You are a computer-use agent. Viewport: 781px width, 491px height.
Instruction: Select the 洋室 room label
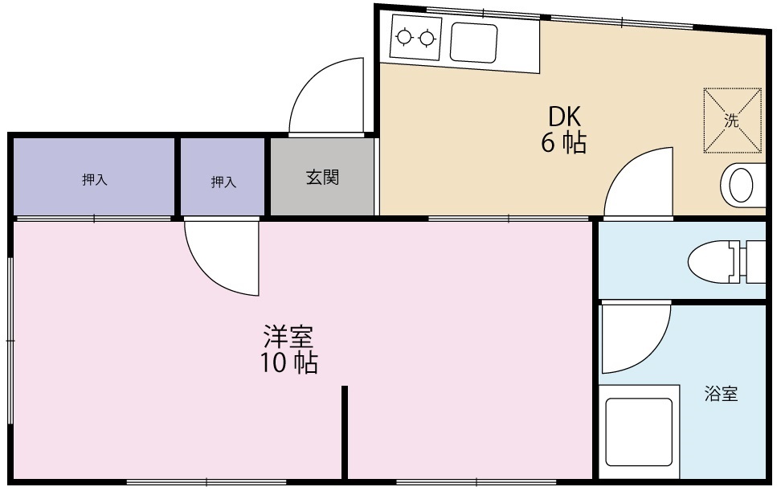[x=288, y=336]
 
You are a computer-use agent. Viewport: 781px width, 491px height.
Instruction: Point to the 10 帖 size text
[x=288, y=363]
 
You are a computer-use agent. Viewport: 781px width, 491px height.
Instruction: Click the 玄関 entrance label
[x=321, y=178]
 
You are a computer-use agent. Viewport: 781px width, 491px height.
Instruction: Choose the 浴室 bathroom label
[x=721, y=395]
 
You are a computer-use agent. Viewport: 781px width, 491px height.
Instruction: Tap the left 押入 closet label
[x=94, y=180]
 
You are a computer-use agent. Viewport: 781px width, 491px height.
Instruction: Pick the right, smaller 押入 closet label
[x=223, y=182]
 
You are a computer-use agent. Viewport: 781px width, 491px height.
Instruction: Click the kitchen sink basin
[x=473, y=43]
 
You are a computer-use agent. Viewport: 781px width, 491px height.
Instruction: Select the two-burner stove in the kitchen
[x=416, y=38]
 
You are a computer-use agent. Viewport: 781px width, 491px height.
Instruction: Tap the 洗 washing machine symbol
[x=731, y=121]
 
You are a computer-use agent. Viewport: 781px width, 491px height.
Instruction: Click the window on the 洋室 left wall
[x=10, y=341]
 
